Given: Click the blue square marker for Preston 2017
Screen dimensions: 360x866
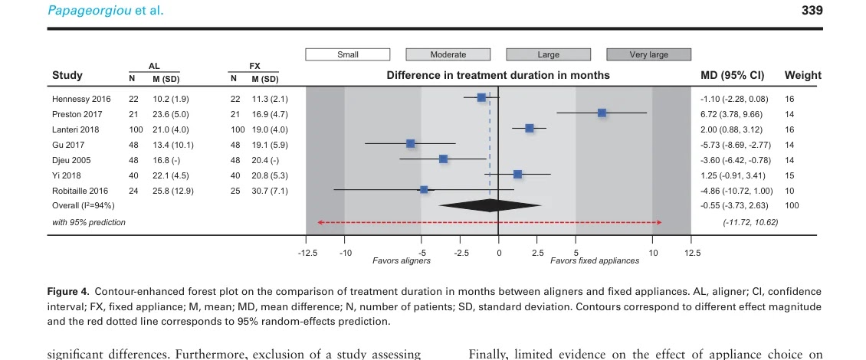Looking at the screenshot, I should coord(602,113).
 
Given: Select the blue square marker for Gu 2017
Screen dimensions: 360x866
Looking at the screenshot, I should coord(410,143).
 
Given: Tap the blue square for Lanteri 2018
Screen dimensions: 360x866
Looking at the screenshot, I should coord(529,128).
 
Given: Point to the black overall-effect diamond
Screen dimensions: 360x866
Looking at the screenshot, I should coord(490,205).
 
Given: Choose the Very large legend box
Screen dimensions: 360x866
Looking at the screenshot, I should coord(648,54).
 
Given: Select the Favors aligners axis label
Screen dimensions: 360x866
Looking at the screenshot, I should coord(401,261).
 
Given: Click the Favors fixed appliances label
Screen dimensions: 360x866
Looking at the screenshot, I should coord(594,261).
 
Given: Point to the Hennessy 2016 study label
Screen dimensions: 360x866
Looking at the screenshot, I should coord(81,99).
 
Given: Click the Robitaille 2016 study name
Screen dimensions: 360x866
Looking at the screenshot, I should coord(80,190).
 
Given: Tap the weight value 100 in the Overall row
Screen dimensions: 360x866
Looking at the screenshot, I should coord(792,205).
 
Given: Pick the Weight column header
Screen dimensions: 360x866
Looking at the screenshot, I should coord(802,75).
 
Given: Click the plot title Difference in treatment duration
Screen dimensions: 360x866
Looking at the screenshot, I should coord(498,75).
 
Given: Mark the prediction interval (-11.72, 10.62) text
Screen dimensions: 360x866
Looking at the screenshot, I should coord(750,222).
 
